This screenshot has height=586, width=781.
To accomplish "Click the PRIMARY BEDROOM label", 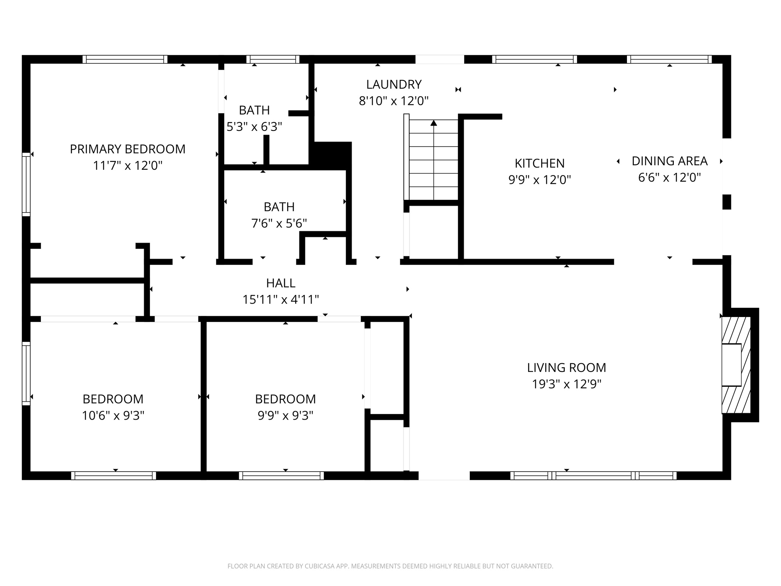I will coord(127,149).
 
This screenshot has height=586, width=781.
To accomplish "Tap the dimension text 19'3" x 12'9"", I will coord(566,384).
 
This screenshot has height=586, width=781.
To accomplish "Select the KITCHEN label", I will coord(539,163).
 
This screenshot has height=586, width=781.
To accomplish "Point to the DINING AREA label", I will coord(669,161).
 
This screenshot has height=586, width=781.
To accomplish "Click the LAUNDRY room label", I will coord(394,84).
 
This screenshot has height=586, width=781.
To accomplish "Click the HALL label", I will coord(281,283).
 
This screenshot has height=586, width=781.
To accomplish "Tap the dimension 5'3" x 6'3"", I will coord(254,127).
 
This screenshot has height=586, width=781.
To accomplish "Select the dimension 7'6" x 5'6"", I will coord(279,223).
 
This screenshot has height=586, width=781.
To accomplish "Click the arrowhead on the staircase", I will coord(434,123).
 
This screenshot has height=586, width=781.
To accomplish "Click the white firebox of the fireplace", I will coord(731,365).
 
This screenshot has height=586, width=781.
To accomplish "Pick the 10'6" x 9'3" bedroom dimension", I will coord(113,415).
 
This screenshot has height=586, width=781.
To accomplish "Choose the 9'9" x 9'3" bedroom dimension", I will coord(285,415).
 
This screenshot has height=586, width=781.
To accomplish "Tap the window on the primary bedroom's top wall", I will coord(125,59).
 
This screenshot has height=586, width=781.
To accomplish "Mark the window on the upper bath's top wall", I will coord(272,59).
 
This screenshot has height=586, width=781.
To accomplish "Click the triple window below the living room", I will coord(593,476).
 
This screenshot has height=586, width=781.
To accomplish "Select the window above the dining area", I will coord(669,59).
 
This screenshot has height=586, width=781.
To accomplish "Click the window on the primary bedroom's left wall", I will coord(26,184).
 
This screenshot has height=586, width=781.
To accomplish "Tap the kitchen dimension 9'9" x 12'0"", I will coord(539,180).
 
